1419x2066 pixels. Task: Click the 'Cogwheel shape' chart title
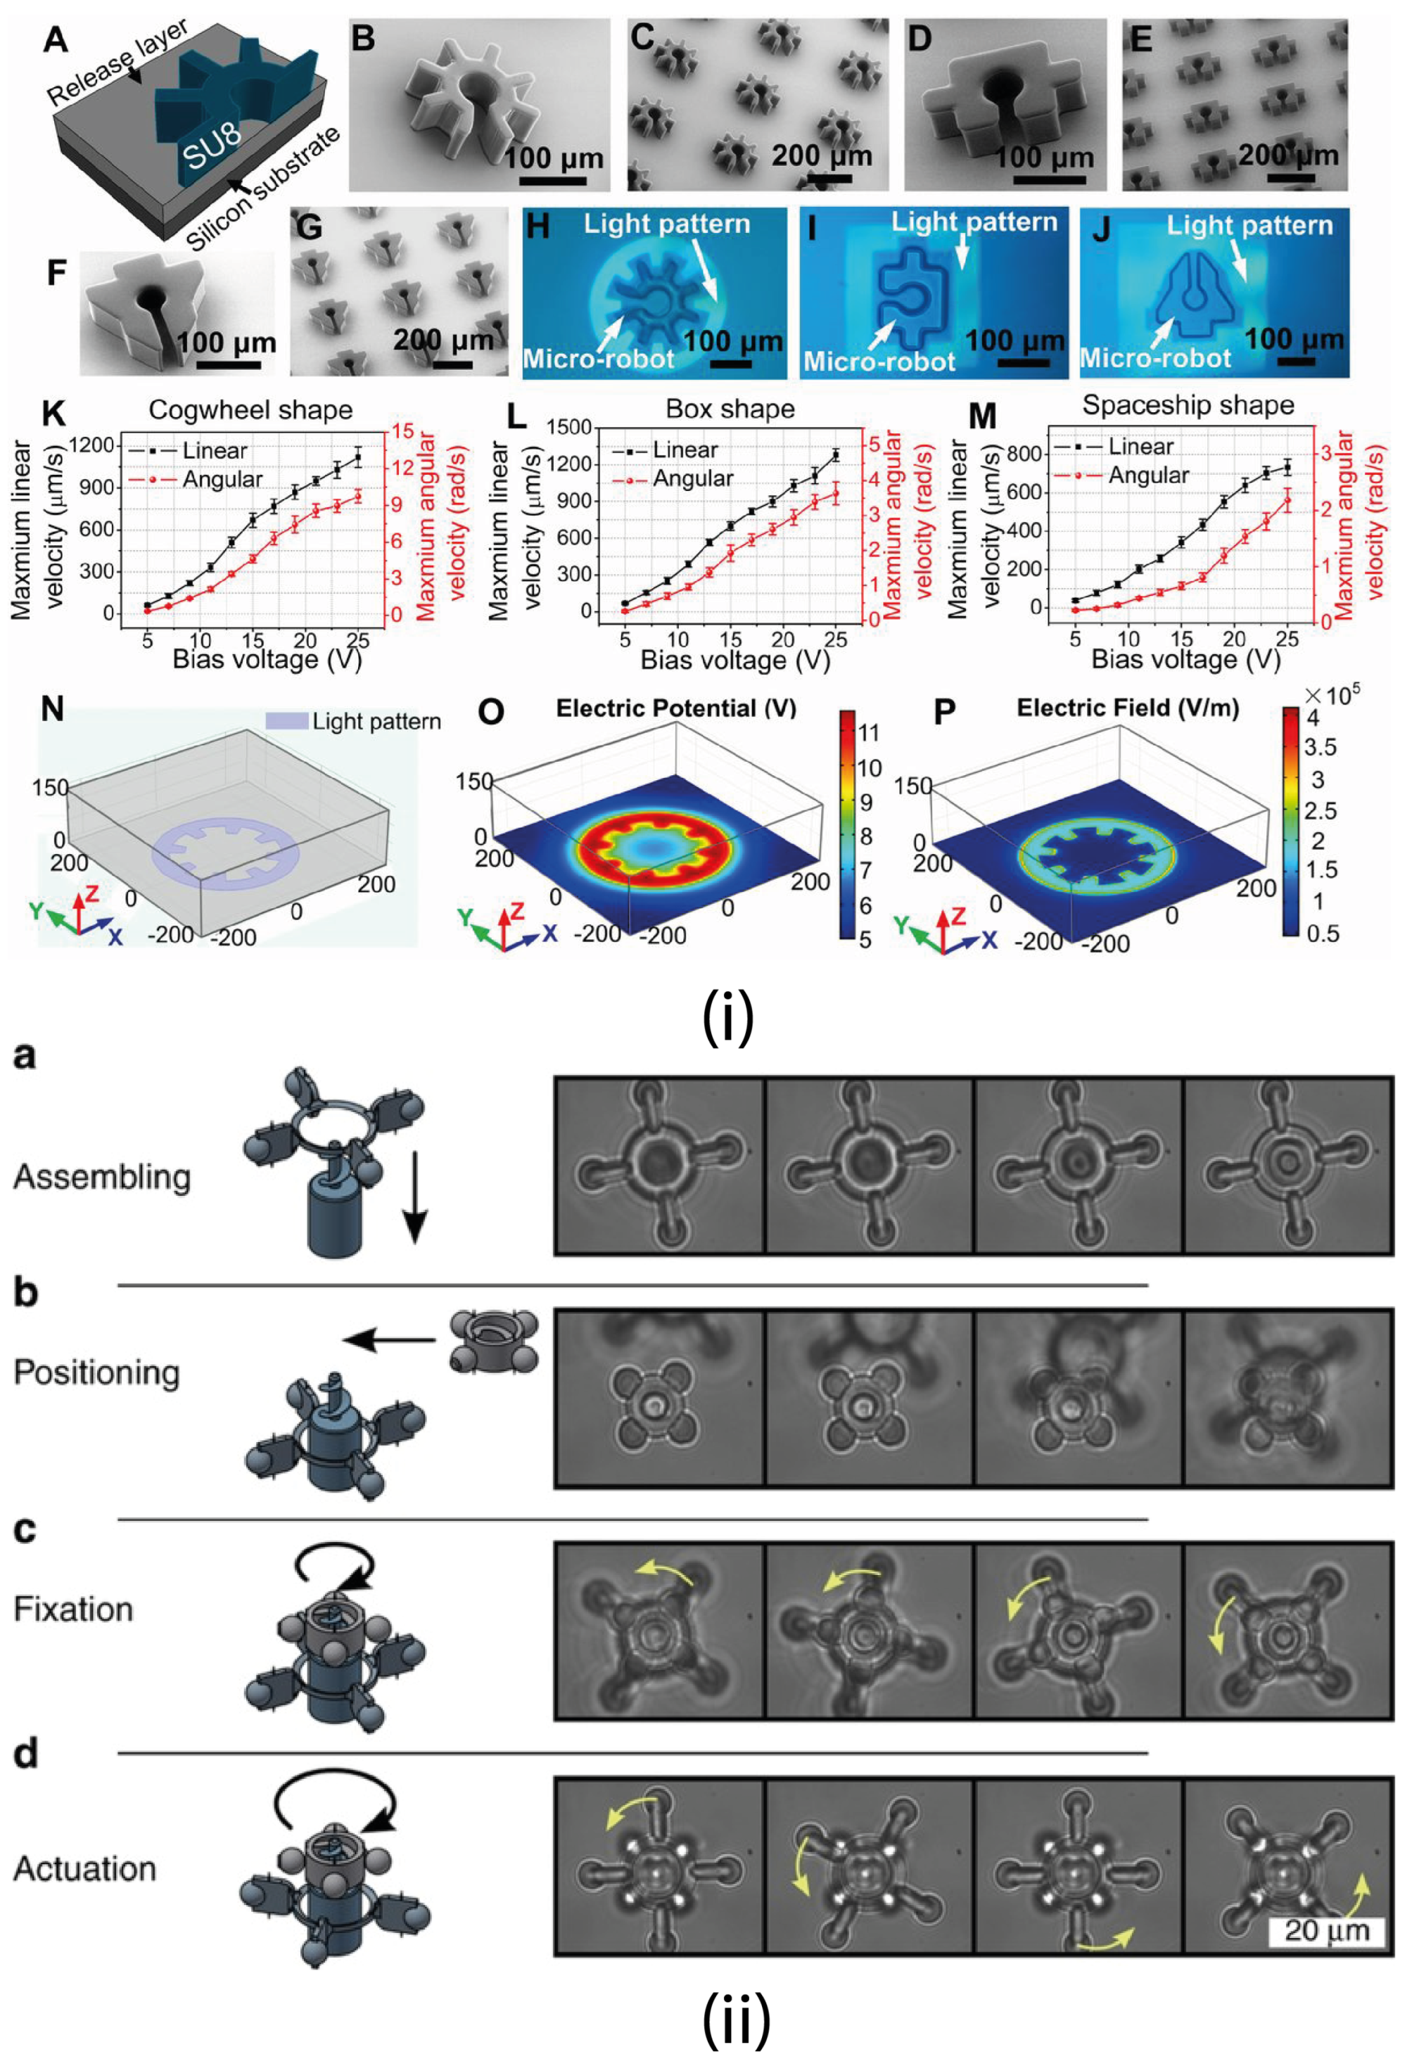tap(250, 410)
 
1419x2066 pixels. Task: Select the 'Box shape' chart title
tap(730, 409)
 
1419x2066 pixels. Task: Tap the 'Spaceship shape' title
tap(1188, 405)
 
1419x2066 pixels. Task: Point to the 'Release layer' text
tap(117, 62)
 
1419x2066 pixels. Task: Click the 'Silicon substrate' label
tap(263, 189)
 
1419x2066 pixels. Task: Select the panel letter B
tap(363, 40)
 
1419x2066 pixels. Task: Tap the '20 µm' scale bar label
tap(1325, 1931)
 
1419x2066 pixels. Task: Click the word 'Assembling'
tap(102, 1177)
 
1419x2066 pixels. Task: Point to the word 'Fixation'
tap(73, 1609)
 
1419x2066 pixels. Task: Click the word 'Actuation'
tap(84, 1868)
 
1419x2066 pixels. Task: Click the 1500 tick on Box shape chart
tap(570, 428)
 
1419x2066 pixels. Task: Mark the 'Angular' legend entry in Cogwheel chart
tap(222, 479)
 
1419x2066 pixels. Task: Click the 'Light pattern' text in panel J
tap(1249, 226)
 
